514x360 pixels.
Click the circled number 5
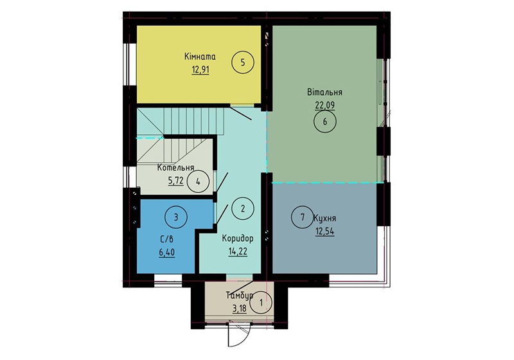pos(243,62)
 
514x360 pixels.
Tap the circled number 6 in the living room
pos(325,122)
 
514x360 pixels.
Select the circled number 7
pos(303,217)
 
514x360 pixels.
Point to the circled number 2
pos(243,208)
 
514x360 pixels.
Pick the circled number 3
pos(176,217)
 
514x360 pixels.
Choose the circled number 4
pos(198,181)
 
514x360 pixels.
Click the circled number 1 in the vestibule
pos(261,303)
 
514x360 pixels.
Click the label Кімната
pos(200,57)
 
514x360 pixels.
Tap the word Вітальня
pos(325,92)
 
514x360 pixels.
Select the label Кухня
pos(324,219)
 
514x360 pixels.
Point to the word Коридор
pos(238,239)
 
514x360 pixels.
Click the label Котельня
pos(175,168)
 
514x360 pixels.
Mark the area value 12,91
pos(200,70)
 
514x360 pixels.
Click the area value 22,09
pos(325,105)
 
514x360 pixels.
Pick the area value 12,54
pos(325,231)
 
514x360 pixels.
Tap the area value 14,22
pos(238,252)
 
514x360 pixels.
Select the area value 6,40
pos(167,253)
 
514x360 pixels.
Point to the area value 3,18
pos(240,309)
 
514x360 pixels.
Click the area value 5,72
pos(175,181)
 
